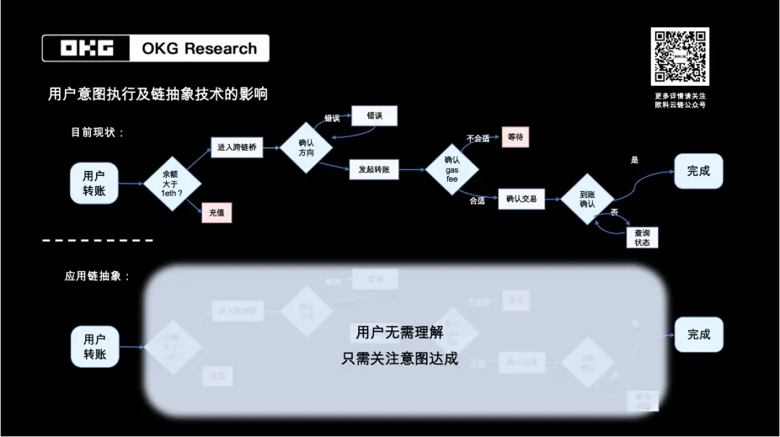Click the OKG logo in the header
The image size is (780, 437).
pos(87,48)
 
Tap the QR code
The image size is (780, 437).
pos(680,56)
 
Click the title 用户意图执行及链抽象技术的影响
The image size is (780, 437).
pos(157,94)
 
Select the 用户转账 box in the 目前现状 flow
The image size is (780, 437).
pos(94,183)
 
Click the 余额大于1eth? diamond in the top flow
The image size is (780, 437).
pos(172,183)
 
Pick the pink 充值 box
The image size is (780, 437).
pos(217,213)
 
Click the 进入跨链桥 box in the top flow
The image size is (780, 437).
pos(235,148)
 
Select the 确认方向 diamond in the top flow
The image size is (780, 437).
pos(306,147)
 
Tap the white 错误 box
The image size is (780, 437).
pos(374,115)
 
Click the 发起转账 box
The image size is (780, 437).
pos(374,169)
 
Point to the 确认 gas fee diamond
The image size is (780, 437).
pos(452,169)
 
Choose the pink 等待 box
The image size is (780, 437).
pos(515,136)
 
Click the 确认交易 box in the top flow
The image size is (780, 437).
pos(521,198)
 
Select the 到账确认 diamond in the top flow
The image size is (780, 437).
pos(587,199)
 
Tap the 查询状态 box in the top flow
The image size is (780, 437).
pos(642,237)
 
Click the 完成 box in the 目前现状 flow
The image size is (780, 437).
pos(698,171)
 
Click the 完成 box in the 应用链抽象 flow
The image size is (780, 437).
pos(698,335)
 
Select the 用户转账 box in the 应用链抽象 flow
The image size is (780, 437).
pos(95,347)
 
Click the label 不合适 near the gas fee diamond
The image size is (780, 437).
pos(478,138)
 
